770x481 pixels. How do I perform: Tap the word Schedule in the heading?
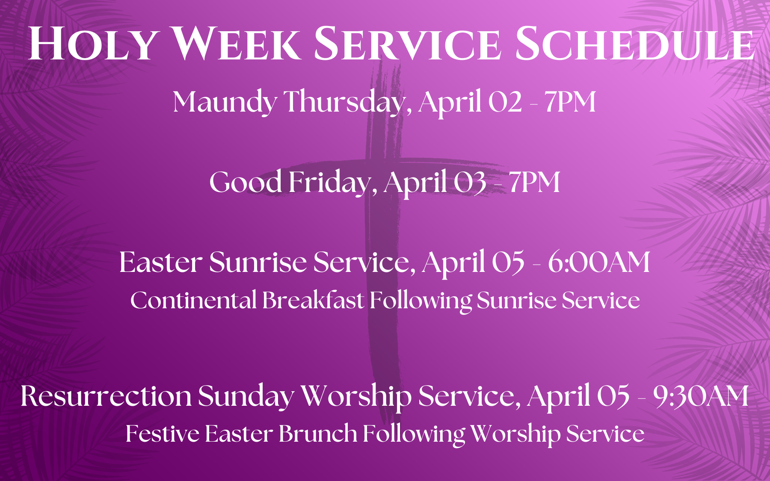point(634,44)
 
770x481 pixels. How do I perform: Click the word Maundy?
point(225,103)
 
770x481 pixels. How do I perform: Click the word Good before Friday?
point(246,182)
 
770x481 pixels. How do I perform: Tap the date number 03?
point(470,183)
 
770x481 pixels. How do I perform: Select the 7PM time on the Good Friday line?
point(534,183)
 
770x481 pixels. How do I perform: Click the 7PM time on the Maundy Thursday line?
point(570,103)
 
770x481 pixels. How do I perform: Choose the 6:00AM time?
point(599,262)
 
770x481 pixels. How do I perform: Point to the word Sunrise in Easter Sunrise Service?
point(258,262)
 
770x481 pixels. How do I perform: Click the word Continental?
point(193,300)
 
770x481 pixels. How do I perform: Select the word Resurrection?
point(106,396)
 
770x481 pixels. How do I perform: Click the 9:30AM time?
point(701,396)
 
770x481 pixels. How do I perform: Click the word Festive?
point(162,434)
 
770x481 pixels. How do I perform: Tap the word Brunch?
point(318,434)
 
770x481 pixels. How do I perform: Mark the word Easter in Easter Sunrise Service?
point(161,262)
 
